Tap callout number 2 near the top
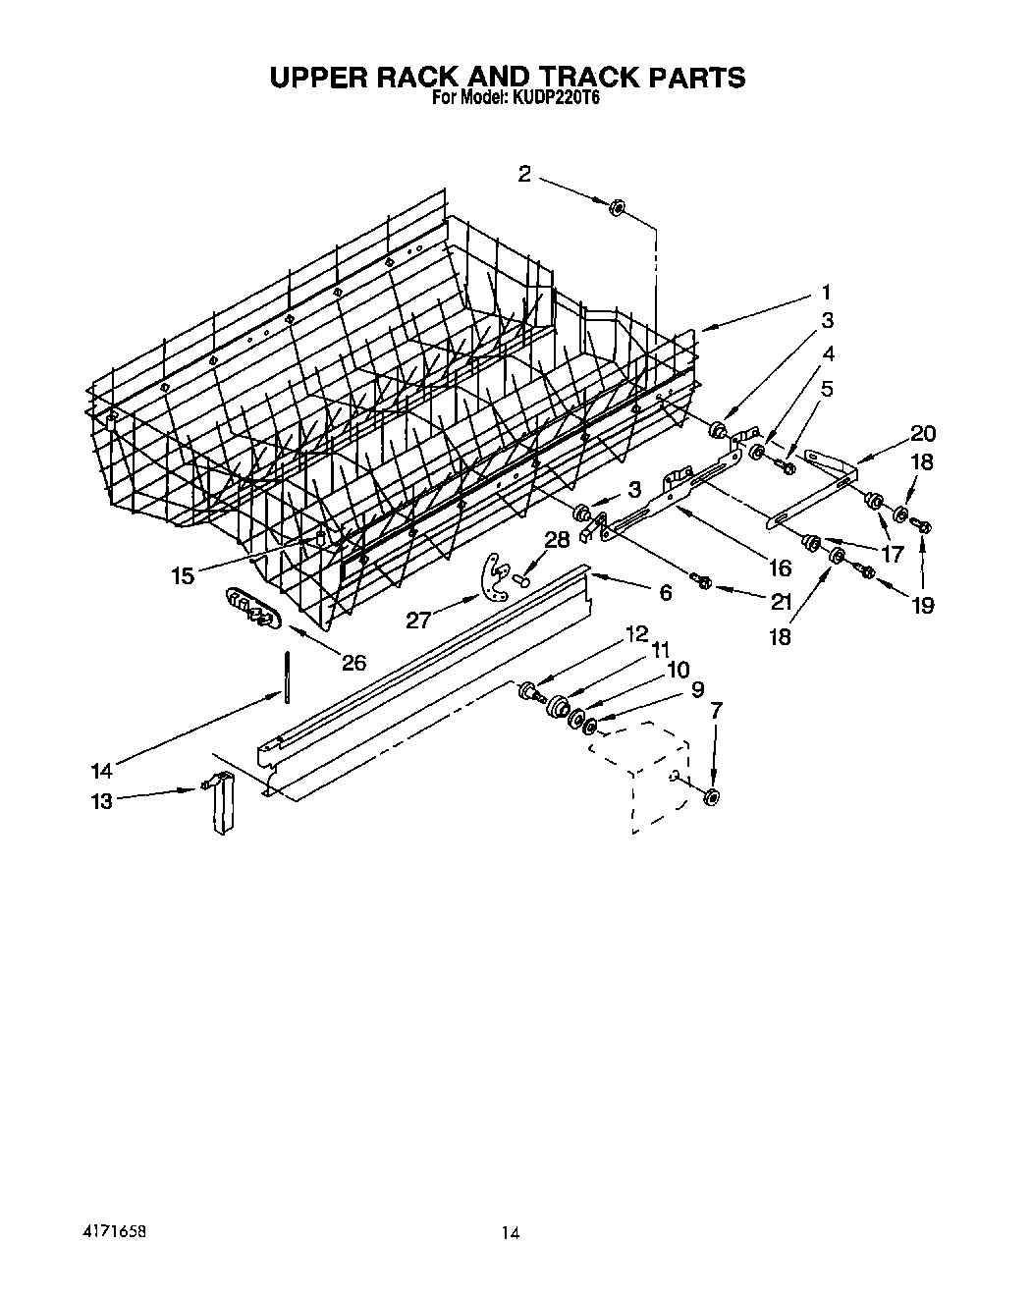coord(524,174)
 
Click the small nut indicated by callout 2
coord(618,207)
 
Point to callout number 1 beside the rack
coord(826,292)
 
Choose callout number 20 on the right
coord(922,433)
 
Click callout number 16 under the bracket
coord(779,568)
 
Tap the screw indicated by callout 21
coord(702,583)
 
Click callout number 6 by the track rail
coord(665,592)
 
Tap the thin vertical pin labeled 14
coord(287,676)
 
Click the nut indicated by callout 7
coord(712,795)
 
